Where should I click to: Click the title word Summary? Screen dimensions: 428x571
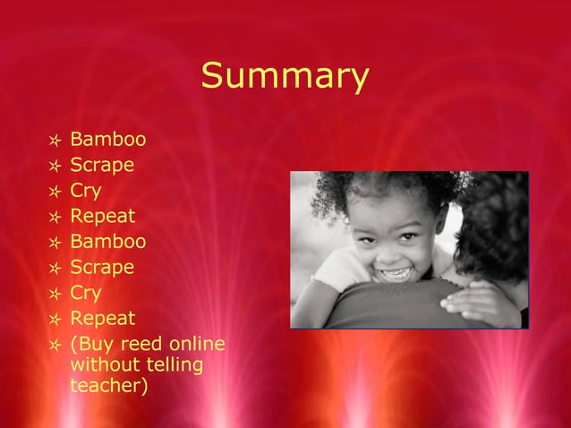285,76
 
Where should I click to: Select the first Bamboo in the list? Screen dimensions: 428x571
107,140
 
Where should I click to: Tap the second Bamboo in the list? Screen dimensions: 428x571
107,242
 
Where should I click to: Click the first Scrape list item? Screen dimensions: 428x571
102,166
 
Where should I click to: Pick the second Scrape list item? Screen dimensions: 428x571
102,268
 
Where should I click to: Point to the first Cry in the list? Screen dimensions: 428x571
86,191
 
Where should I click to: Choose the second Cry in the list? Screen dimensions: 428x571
86,293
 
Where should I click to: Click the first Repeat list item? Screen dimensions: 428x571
102,217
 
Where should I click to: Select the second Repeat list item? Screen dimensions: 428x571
102,319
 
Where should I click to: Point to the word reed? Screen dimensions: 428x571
138,345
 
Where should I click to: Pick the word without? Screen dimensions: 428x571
104,365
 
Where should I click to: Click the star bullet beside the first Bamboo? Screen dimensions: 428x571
55,141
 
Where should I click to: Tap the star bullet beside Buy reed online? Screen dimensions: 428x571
55,346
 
